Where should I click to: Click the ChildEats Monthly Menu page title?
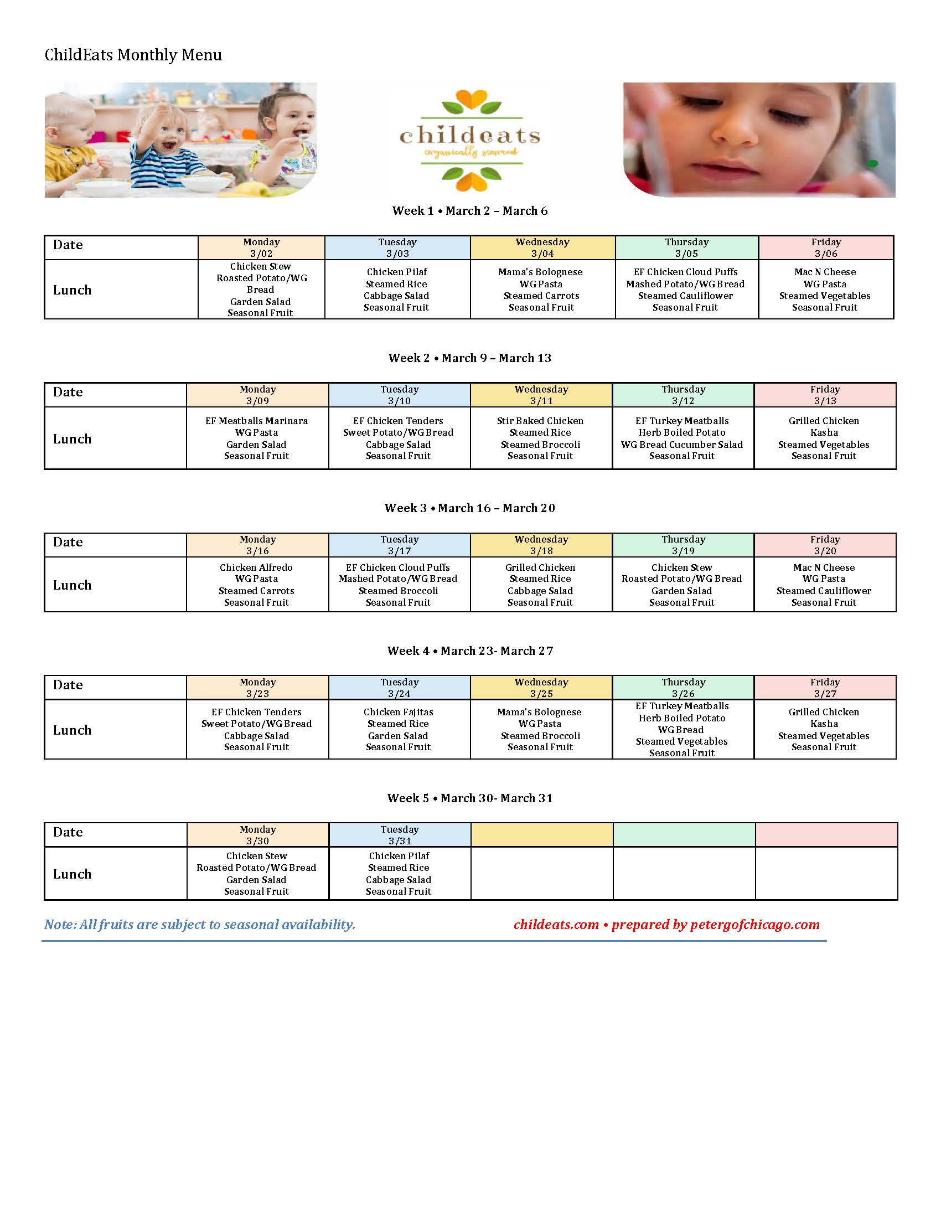click(133, 55)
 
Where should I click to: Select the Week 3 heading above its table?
click(469, 508)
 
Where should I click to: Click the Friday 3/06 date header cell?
click(826, 247)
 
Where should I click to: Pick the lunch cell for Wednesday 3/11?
click(540, 438)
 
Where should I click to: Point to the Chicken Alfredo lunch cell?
click(256, 585)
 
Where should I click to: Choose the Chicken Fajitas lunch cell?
click(399, 730)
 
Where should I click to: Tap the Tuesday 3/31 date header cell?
click(400, 835)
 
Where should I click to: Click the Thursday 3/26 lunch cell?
click(683, 730)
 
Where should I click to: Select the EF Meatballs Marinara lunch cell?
click(256, 438)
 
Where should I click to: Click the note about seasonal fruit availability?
click(200, 925)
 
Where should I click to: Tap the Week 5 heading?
click(469, 798)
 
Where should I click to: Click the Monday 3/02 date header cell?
click(261, 247)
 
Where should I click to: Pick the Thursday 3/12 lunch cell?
click(683, 438)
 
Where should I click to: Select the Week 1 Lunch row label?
click(73, 290)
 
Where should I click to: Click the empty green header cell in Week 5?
click(684, 835)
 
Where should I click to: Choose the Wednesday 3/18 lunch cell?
click(540, 585)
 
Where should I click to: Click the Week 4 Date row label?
click(68, 685)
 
